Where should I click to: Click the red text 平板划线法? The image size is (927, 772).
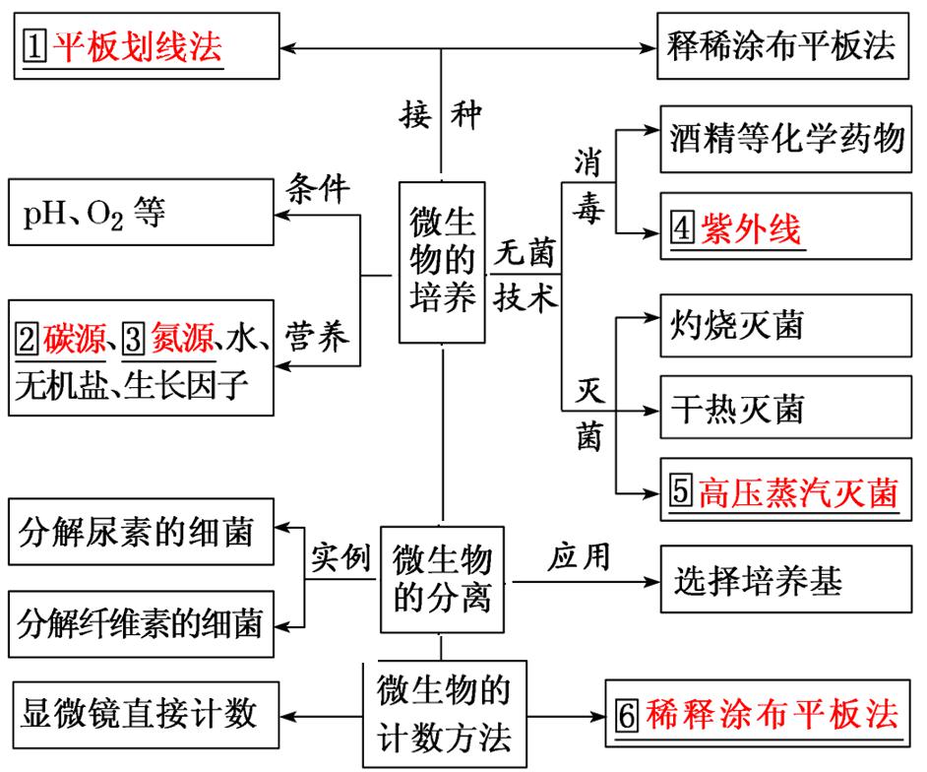coord(138,45)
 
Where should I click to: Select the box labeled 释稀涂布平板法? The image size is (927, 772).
coord(782,47)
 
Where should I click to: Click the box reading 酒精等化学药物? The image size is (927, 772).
coord(783,137)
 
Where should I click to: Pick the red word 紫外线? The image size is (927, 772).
coord(751,230)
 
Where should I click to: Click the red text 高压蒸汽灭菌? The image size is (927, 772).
coord(798,493)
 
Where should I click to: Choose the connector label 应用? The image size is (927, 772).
coord(579,557)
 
